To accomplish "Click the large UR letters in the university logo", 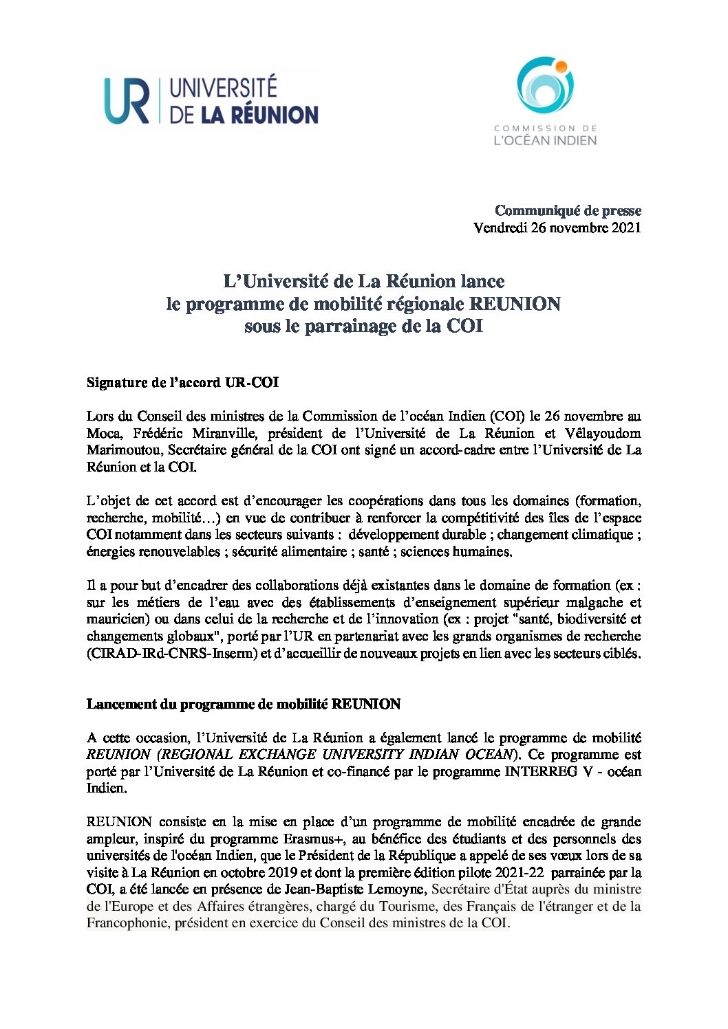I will (x=127, y=101).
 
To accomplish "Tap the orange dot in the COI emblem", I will (x=561, y=67).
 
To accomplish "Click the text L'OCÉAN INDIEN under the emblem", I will (x=545, y=140).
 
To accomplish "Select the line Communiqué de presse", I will (x=568, y=210).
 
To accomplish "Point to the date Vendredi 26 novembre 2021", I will (x=557, y=228).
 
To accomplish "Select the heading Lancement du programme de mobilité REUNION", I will (x=244, y=704).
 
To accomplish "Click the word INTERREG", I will (x=541, y=771).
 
